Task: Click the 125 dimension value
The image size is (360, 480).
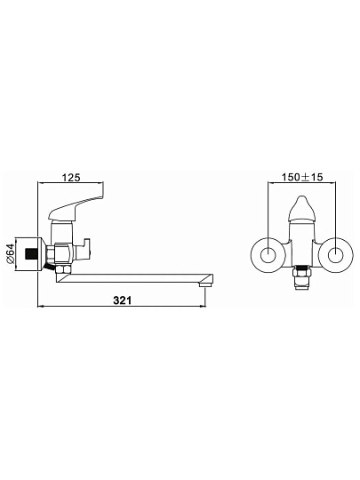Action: tap(71, 177)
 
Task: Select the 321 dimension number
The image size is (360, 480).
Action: tap(123, 300)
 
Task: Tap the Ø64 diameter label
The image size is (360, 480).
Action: tap(11, 253)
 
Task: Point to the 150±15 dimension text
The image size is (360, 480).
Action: tap(302, 177)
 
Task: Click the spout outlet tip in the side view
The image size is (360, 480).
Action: tap(205, 284)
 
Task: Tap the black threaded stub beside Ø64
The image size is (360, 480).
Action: tap(31, 253)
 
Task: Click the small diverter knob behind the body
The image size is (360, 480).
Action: tap(84, 247)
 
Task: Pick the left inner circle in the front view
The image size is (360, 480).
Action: tap(268, 254)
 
